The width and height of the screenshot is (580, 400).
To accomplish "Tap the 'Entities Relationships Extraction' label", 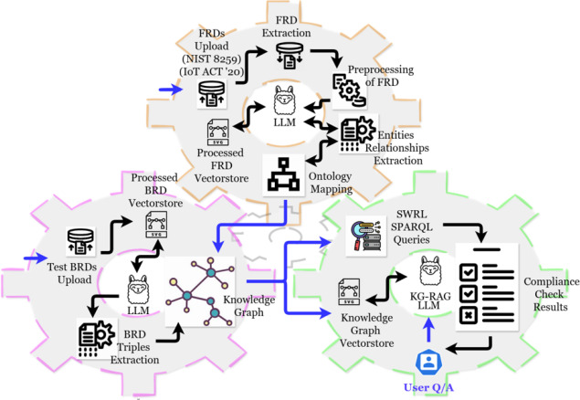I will coord(400,150).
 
